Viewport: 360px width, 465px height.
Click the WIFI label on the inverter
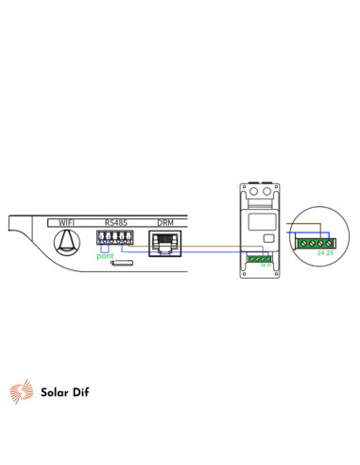[x=67, y=224]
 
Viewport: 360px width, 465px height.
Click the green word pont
[x=104, y=256]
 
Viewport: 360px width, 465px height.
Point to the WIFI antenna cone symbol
[x=66, y=244]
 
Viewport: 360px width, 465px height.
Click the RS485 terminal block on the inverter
[x=112, y=238]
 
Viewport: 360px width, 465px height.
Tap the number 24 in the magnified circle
[x=321, y=254]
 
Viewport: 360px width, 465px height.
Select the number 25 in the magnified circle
[x=331, y=254]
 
